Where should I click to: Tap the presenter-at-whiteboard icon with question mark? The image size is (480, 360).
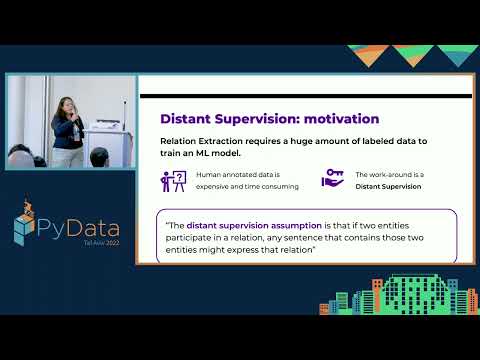tap(174, 180)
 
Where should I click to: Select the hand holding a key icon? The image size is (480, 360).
tap(333, 179)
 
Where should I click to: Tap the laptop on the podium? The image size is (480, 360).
tap(103, 126)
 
